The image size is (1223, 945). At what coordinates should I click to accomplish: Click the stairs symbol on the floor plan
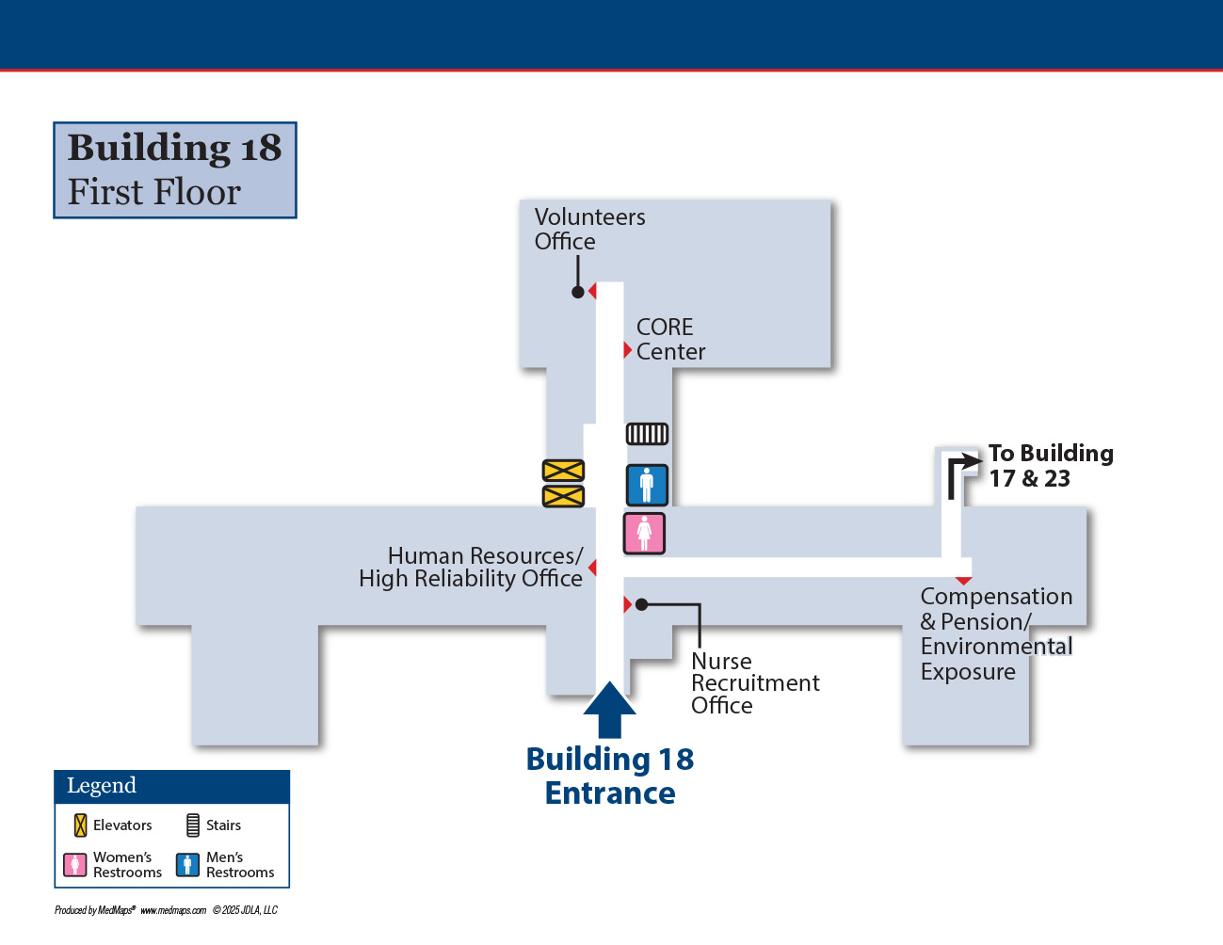click(x=647, y=434)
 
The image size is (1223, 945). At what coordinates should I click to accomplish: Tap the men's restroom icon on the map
click(x=647, y=485)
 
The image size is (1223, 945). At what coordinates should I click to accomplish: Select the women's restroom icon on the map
click(x=644, y=534)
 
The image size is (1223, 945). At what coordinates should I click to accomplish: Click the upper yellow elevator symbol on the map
click(x=563, y=471)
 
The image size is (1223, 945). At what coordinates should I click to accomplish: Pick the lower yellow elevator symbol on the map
click(x=563, y=496)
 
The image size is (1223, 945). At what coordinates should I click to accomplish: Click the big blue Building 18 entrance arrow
click(x=609, y=710)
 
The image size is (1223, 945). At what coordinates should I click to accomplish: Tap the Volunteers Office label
click(x=589, y=229)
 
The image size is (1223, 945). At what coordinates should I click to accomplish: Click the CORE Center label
click(x=670, y=339)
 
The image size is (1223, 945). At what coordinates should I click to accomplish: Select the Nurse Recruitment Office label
click(x=755, y=683)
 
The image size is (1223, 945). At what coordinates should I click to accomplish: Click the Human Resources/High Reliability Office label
click(x=471, y=567)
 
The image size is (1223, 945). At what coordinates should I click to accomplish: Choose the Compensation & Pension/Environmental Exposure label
click(x=996, y=634)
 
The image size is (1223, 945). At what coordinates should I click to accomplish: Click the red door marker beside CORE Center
click(x=628, y=350)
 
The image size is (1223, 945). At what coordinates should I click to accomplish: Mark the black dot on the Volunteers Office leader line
click(x=577, y=292)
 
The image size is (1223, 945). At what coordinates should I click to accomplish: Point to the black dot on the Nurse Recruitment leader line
click(x=641, y=604)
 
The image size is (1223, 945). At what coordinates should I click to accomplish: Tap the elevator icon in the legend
click(x=80, y=825)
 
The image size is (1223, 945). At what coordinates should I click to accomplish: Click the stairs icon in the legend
click(x=192, y=825)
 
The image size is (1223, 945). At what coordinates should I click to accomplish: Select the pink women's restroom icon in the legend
click(x=75, y=865)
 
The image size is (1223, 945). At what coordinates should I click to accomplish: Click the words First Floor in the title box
click(x=154, y=192)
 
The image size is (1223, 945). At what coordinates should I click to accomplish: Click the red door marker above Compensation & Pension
click(x=963, y=581)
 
